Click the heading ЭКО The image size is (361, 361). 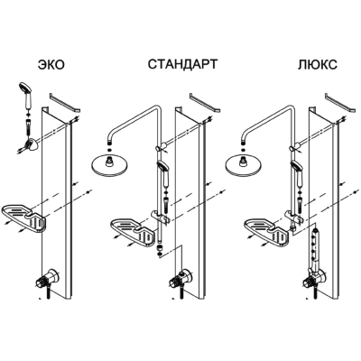(x=51, y=64)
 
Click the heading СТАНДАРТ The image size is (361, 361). (x=182, y=64)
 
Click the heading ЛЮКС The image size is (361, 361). (x=318, y=64)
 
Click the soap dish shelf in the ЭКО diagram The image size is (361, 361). (x=24, y=219)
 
